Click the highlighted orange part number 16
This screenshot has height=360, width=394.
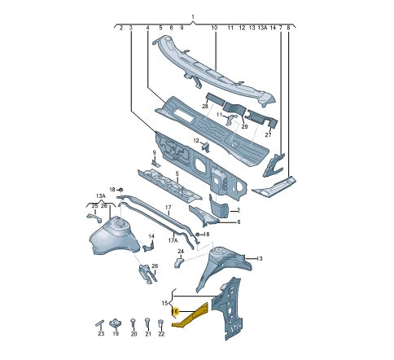coord(175,310)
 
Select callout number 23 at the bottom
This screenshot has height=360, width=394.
coord(101,334)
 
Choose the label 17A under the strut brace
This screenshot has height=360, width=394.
coord(173,240)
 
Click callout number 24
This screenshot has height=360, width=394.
coord(181,252)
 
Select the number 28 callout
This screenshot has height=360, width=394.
coord(205,107)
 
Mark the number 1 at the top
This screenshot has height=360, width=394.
coord(193,17)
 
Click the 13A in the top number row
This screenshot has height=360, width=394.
coord(262,28)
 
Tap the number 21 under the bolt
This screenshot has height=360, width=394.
coord(147,334)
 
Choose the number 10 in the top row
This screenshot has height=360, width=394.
coord(214,28)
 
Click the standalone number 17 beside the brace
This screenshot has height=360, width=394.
coord(169,209)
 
